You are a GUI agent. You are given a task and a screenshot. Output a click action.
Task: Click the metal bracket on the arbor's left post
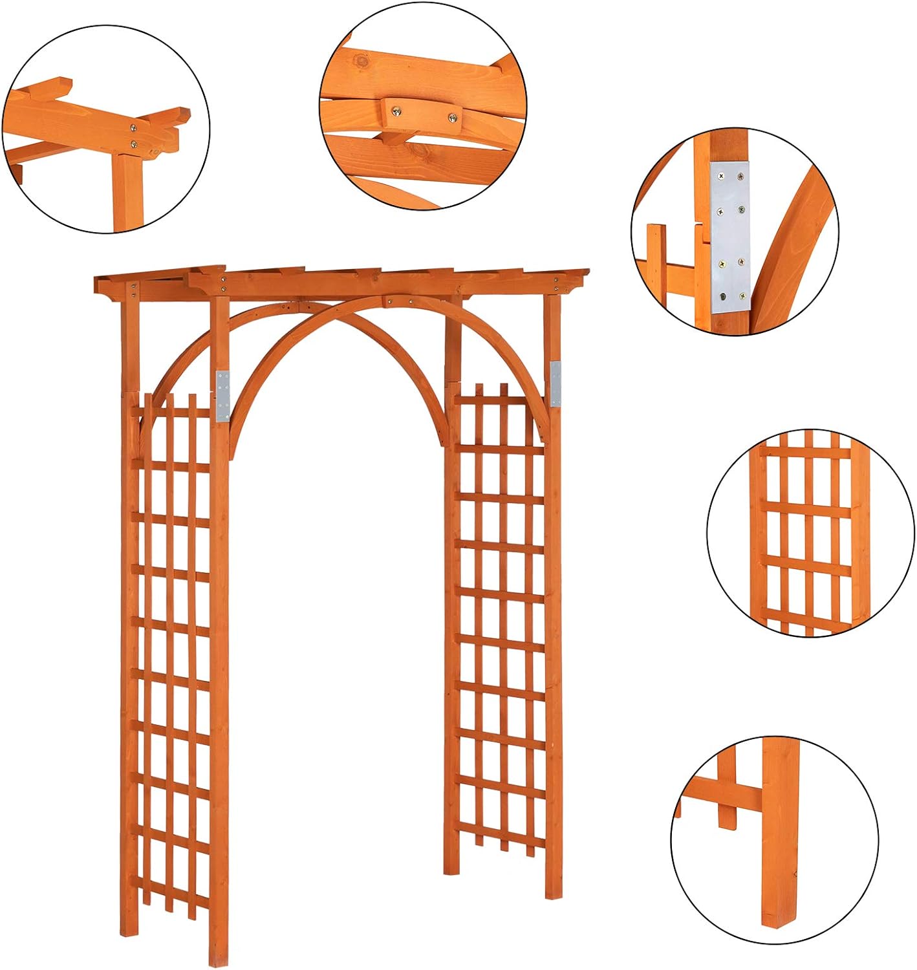pos(223,395)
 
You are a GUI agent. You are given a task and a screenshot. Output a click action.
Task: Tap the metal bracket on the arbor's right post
pos(556,384)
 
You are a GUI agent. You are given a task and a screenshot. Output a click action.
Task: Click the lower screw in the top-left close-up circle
pos(133,144)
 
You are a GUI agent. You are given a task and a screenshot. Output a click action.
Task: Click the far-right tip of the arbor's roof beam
pos(588,270)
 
